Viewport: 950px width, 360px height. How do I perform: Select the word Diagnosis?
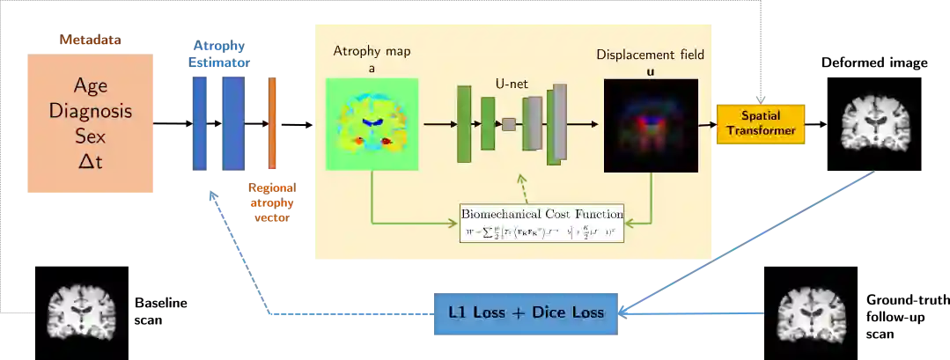click(91, 112)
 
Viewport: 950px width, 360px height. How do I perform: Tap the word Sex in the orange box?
click(91, 136)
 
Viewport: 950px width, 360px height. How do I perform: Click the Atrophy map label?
click(372, 51)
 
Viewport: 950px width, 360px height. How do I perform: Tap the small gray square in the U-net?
click(509, 124)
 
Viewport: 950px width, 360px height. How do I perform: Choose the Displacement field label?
click(651, 55)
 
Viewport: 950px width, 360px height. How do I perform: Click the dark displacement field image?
click(651, 125)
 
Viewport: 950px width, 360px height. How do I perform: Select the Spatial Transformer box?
click(761, 123)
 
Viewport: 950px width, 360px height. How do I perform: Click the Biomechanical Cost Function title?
click(542, 214)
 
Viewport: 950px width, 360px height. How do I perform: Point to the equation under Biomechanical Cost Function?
click(542, 232)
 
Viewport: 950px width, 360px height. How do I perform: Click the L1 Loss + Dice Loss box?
click(529, 312)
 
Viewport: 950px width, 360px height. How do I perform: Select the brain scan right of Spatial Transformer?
click(875, 123)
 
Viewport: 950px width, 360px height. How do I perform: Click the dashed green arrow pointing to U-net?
click(522, 187)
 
